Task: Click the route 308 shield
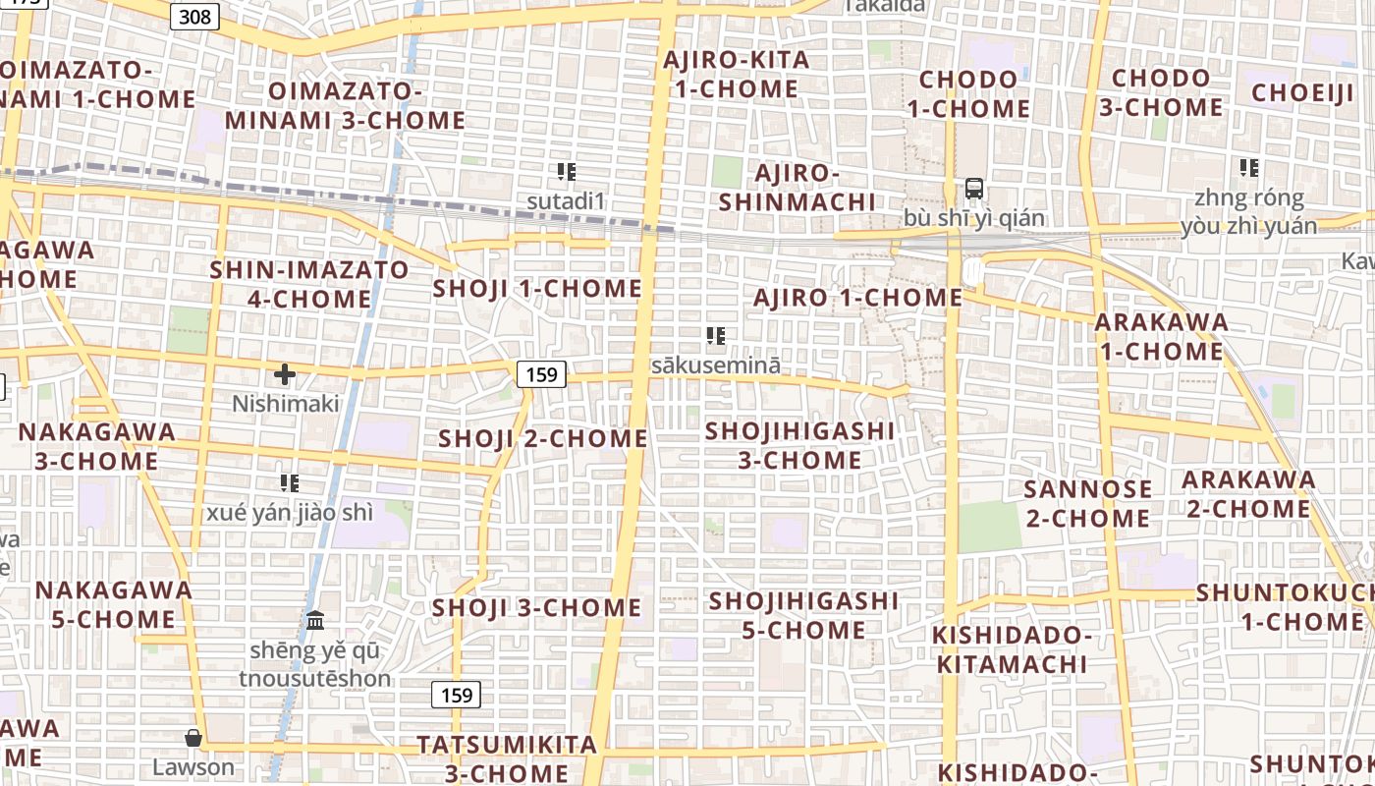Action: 194,16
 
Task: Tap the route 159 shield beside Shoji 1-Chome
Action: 541,373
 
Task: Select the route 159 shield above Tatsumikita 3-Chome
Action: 457,695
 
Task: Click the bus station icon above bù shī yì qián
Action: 974,189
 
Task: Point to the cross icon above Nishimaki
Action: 285,374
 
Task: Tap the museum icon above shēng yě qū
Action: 315,620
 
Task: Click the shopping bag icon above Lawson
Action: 193,738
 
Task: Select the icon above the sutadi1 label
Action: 566,173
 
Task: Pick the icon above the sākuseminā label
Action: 716,337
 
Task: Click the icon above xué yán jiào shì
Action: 289,482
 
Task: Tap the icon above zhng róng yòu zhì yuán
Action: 1249,168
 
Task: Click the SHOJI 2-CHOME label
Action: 543,438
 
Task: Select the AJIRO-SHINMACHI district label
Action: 797,188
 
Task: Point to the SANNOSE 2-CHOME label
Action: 1087,503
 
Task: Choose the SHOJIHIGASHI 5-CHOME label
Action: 803,615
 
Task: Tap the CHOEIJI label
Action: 1303,93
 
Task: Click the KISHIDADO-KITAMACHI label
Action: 1012,649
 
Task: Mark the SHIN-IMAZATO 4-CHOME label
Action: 309,284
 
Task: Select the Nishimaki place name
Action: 286,404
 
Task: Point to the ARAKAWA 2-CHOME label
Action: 1248,494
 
